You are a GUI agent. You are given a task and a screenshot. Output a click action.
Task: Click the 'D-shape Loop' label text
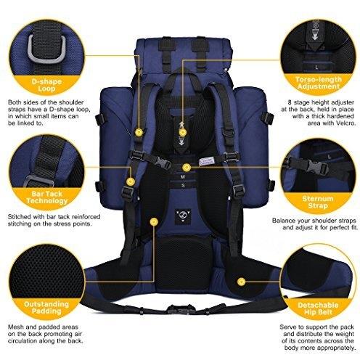point(46,85)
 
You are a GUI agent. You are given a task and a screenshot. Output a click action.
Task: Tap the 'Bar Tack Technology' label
point(46,197)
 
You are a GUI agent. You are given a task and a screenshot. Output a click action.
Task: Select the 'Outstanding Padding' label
point(46,308)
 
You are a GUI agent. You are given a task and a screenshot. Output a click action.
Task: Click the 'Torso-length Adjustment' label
point(318,83)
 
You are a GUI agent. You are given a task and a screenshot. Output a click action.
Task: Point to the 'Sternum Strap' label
point(317,202)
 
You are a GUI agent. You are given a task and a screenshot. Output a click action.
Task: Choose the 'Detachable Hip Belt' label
point(318,308)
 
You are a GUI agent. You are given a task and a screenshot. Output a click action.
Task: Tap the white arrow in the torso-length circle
point(315,37)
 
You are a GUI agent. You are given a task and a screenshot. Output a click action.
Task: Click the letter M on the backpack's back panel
point(183,177)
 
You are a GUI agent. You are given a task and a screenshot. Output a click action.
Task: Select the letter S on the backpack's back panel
point(183,186)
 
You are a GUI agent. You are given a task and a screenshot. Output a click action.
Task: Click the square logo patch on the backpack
point(183,216)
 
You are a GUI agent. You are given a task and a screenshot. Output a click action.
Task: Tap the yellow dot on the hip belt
point(241,282)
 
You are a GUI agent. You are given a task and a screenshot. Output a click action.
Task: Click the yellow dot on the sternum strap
point(186,167)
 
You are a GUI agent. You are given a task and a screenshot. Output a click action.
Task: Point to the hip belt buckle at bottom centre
point(179,309)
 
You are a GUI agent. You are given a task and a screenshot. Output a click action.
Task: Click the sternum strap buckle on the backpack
point(162,162)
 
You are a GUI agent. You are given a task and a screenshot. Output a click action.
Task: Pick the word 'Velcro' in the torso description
point(346,123)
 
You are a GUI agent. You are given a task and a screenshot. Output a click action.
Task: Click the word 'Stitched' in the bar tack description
point(20,216)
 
